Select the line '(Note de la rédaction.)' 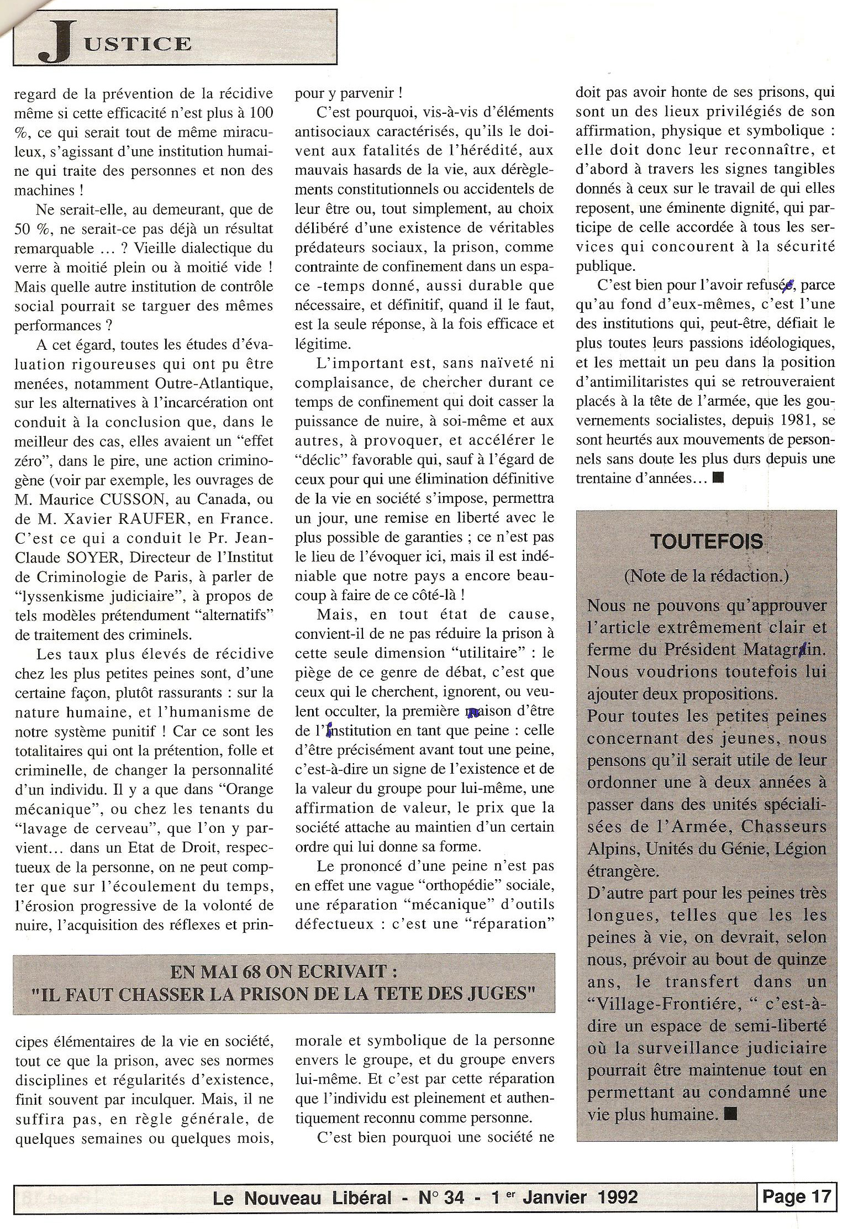(x=706, y=576)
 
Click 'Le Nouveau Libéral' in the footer (x=302, y=1198)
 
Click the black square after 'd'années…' (x=718, y=477)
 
